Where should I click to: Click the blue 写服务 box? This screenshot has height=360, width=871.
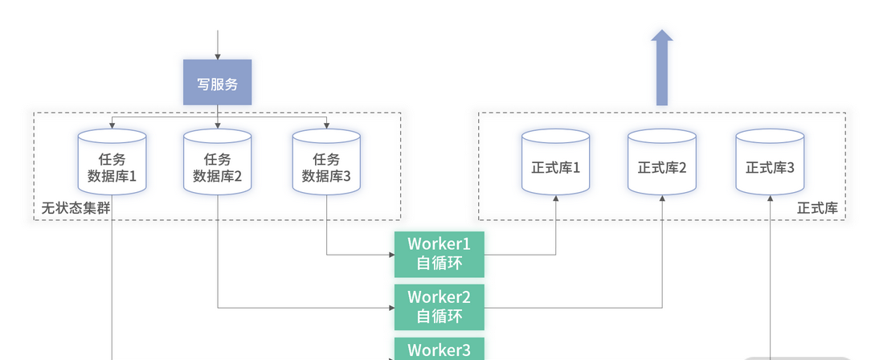coord(217,83)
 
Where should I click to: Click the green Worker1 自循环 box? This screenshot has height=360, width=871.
coord(439,254)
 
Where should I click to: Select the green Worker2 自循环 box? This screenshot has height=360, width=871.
coord(439,306)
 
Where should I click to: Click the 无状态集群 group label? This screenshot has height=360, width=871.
coord(76,208)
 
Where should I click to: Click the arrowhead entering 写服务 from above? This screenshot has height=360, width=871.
coord(218,56)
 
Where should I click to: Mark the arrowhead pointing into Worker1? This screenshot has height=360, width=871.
coord(391,255)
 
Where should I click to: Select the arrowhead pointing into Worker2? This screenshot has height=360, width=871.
coord(391,307)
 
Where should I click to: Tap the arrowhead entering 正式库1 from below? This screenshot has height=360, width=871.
coord(556,197)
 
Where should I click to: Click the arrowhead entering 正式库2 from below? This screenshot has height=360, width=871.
coord(663,197)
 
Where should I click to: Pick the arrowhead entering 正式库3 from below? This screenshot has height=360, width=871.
coord(771,197)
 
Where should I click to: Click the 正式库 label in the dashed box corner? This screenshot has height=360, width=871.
coord(817,208)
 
